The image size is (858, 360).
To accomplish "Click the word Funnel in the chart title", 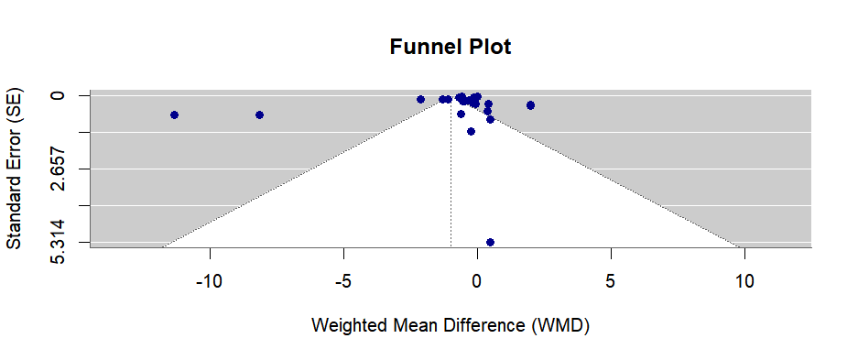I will (420, 47).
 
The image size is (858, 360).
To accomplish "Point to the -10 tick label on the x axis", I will (210, 280).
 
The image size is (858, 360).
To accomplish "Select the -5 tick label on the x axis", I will (343, 280).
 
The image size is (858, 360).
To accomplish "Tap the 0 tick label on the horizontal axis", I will (477, 280).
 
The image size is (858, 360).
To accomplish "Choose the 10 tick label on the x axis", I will (744, 280).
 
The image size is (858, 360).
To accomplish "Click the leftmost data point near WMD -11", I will (174, 115).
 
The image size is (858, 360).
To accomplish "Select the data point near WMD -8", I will (259, 115).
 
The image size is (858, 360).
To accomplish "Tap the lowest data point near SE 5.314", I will (490, 242).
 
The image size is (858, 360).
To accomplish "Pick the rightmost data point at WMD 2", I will (530, 105).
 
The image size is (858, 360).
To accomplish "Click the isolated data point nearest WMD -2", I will (420, 99).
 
